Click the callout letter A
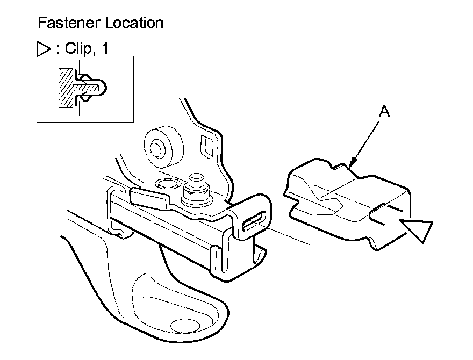coord(384,112)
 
